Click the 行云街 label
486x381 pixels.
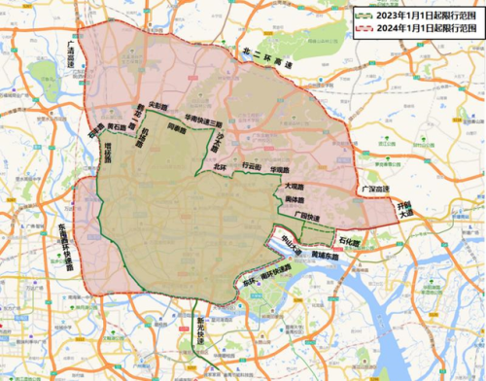252,166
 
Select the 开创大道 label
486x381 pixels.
404,209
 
